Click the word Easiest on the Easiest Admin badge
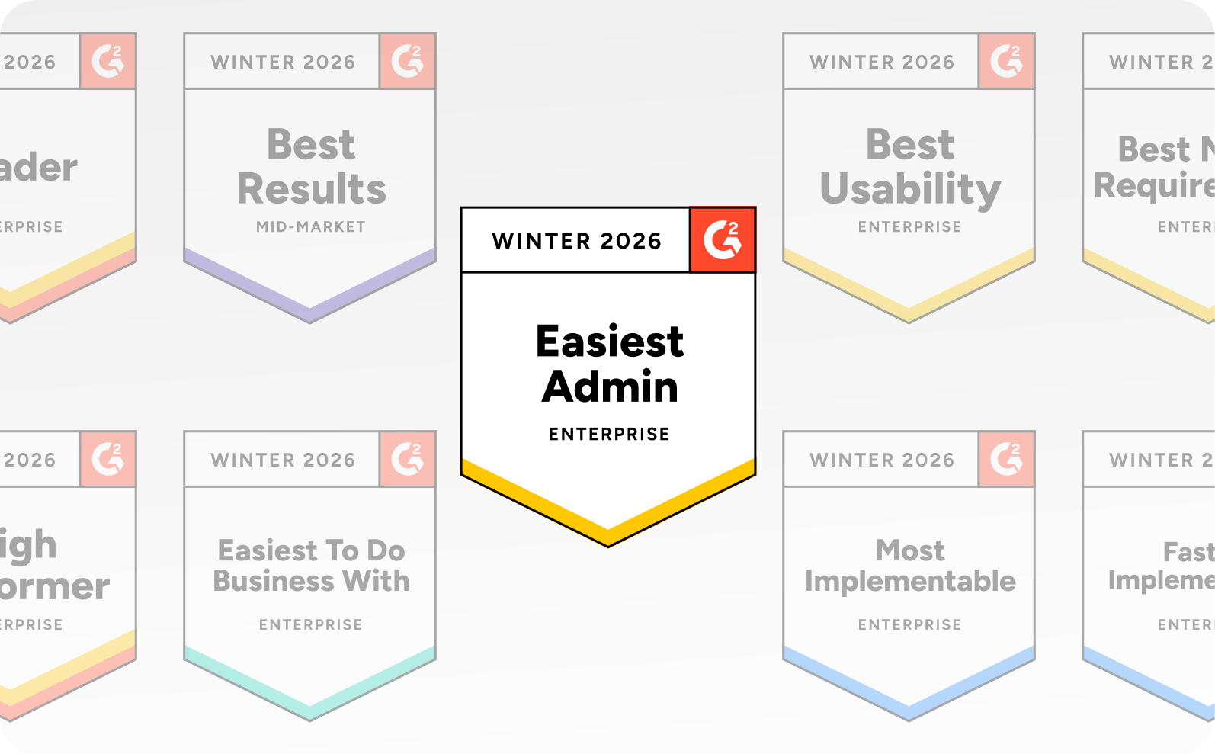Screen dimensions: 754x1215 click(x=610, y=342)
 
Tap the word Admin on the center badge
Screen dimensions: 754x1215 click(x=610, y=387)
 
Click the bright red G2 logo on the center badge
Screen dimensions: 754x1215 click(x=723, y=239)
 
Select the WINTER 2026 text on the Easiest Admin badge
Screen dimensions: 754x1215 click(x=576, y=241)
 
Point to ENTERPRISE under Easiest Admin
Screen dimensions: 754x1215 click(x=609, y=434)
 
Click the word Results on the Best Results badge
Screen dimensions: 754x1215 click(x=311, y=189)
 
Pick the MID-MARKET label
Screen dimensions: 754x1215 click(x=311, y=226)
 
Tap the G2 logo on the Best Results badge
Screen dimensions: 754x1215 click(x=407, y=61)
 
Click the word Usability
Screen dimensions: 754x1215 click(x=910, y=189)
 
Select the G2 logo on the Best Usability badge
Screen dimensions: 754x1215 click(x=1006, y=61)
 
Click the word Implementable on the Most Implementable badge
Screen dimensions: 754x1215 click(x=910, y=581)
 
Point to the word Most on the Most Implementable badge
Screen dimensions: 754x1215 click(x=910, y=550)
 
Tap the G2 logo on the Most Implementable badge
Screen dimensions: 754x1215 click(x=1006, y=459)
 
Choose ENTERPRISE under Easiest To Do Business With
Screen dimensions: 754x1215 click(x=311, y=624)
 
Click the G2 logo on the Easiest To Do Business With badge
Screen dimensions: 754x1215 click(x=407, y=459)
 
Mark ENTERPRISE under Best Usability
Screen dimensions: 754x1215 click(x=910, y=226)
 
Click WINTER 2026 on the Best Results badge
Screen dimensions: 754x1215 click(x=283, y=62)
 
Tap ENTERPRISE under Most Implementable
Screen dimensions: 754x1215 click(x=910, y=624)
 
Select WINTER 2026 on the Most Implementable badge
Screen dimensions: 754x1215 click(x=882, y=460)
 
